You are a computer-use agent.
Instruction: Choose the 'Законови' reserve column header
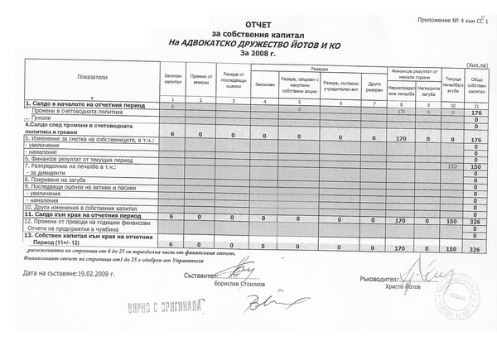[x=264, y=84]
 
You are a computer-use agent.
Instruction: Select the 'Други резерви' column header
[x=374, y=84]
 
